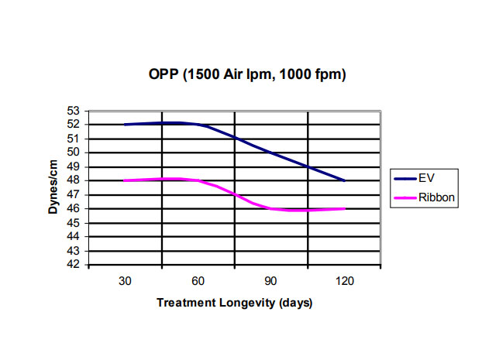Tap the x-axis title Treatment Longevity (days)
234,303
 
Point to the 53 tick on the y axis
74,110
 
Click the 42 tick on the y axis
74,265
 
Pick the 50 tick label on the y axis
74,153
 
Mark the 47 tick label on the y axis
74,194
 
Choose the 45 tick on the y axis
74,223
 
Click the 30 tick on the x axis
125,281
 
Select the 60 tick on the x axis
198,281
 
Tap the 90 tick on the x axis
271,281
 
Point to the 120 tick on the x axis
345,281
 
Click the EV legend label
426,178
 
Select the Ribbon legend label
436,198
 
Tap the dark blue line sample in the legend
405,178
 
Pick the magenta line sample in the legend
405,198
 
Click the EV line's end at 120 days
344,180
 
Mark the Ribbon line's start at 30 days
125,180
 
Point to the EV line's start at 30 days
125,124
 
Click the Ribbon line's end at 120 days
344,208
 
